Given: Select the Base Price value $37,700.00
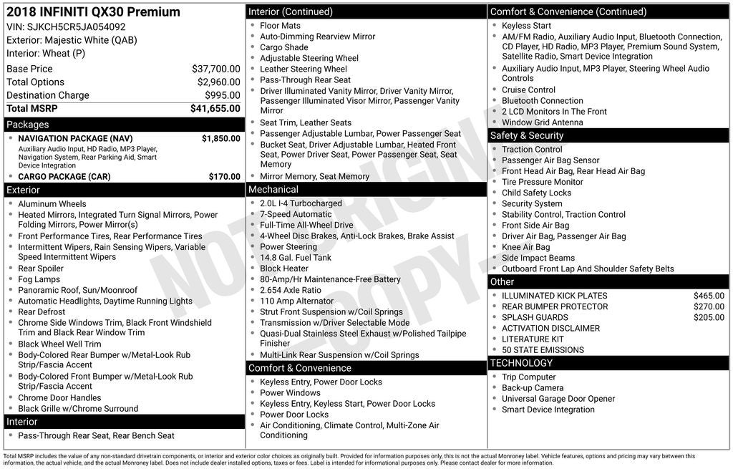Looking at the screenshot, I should [x=215, y=69].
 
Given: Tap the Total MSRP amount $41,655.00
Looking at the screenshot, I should [x=215, y=109].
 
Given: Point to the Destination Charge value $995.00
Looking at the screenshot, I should [x=222, y=95].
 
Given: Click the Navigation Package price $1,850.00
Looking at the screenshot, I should [x=220, y=138].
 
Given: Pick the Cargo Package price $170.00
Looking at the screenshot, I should [x=224, y=177].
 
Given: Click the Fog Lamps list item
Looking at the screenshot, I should [x=39, y=280].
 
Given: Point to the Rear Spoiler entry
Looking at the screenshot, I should [x=41, y=269].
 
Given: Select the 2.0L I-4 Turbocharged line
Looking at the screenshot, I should [x=301, y=203].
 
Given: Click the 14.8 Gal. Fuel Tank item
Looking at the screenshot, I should [x=296, y=258].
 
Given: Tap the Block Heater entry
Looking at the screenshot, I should [x=284, y=269].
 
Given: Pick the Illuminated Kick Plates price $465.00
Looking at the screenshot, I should [x=709, y=296].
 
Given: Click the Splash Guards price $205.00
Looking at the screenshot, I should [x=709, y=317].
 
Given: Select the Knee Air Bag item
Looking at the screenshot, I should [x=526, y=247].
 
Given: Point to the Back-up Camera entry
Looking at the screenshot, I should [x=533, y=388].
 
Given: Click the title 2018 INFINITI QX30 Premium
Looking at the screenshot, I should [x=93, y=12].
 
